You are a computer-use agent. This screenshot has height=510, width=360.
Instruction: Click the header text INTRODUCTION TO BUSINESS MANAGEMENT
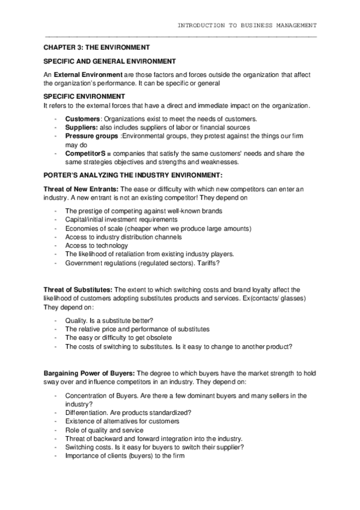(x=246, y=25)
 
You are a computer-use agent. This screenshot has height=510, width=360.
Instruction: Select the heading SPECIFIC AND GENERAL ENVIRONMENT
(x=110, y=61)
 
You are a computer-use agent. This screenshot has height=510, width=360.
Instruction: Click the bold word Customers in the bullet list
(x=83, y=118)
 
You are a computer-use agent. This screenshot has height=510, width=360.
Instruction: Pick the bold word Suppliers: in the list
(x=82, y=127)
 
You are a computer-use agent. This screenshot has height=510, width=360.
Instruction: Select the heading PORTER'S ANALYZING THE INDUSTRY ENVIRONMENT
(x=133, y=175)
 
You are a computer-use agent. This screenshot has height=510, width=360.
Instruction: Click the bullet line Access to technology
(x=96, y=245)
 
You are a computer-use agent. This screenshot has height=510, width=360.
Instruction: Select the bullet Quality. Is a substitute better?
(x=109, y=321)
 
